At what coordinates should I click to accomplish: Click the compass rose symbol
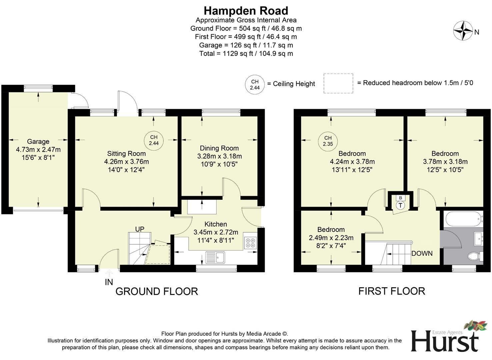463,31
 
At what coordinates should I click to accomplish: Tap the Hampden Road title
246,11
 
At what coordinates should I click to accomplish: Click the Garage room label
38,142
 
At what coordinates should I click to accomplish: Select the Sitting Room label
126,154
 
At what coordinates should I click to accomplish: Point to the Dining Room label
219,148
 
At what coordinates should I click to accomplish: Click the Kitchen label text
215,224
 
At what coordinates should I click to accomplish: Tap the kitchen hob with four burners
250,243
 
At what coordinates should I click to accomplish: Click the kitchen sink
216,257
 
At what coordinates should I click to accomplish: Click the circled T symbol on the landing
400,205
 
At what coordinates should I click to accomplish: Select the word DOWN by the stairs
422,254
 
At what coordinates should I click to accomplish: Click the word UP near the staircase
140,229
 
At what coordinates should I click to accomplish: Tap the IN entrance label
109,282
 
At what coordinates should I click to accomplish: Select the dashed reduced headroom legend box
338,83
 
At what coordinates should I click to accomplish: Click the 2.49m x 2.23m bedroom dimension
331,238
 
